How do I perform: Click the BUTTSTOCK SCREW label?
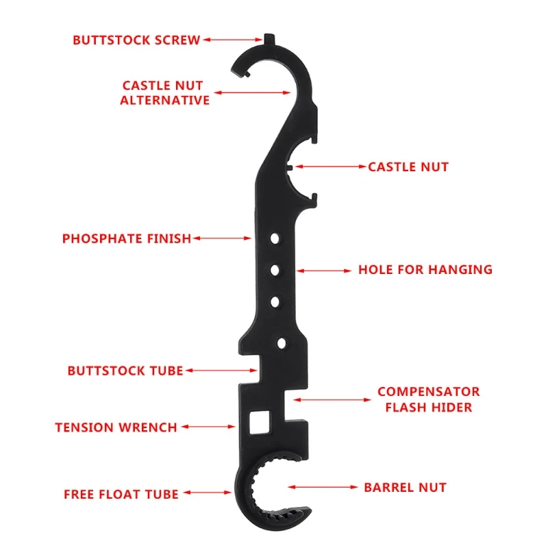(x=136, y=40)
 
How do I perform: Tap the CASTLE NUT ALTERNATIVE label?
(x=164, y=92)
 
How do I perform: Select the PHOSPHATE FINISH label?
(x=127, y=239)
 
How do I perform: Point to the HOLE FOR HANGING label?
(x=425, y=270)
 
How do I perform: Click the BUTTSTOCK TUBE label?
(x=125, y=371)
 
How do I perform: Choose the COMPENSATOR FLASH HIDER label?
(x=428, y=399)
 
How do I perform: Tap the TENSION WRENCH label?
(x=116, y=427)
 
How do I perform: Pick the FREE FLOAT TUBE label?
(x=121, y=494)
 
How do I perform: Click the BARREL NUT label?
(x=405, y=488)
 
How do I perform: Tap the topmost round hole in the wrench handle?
(x=275, y=240)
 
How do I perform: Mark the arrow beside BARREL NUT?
(x=321, y=488)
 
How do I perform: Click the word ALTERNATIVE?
(x=164, y=100)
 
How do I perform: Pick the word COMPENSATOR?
(x=428, y=392)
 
